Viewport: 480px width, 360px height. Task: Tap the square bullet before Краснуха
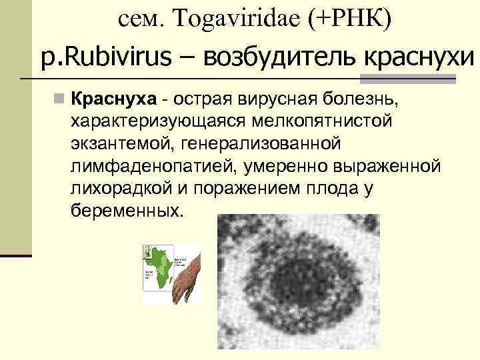[x=60, y=101]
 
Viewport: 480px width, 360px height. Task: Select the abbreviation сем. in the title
[x=139, y=19]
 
